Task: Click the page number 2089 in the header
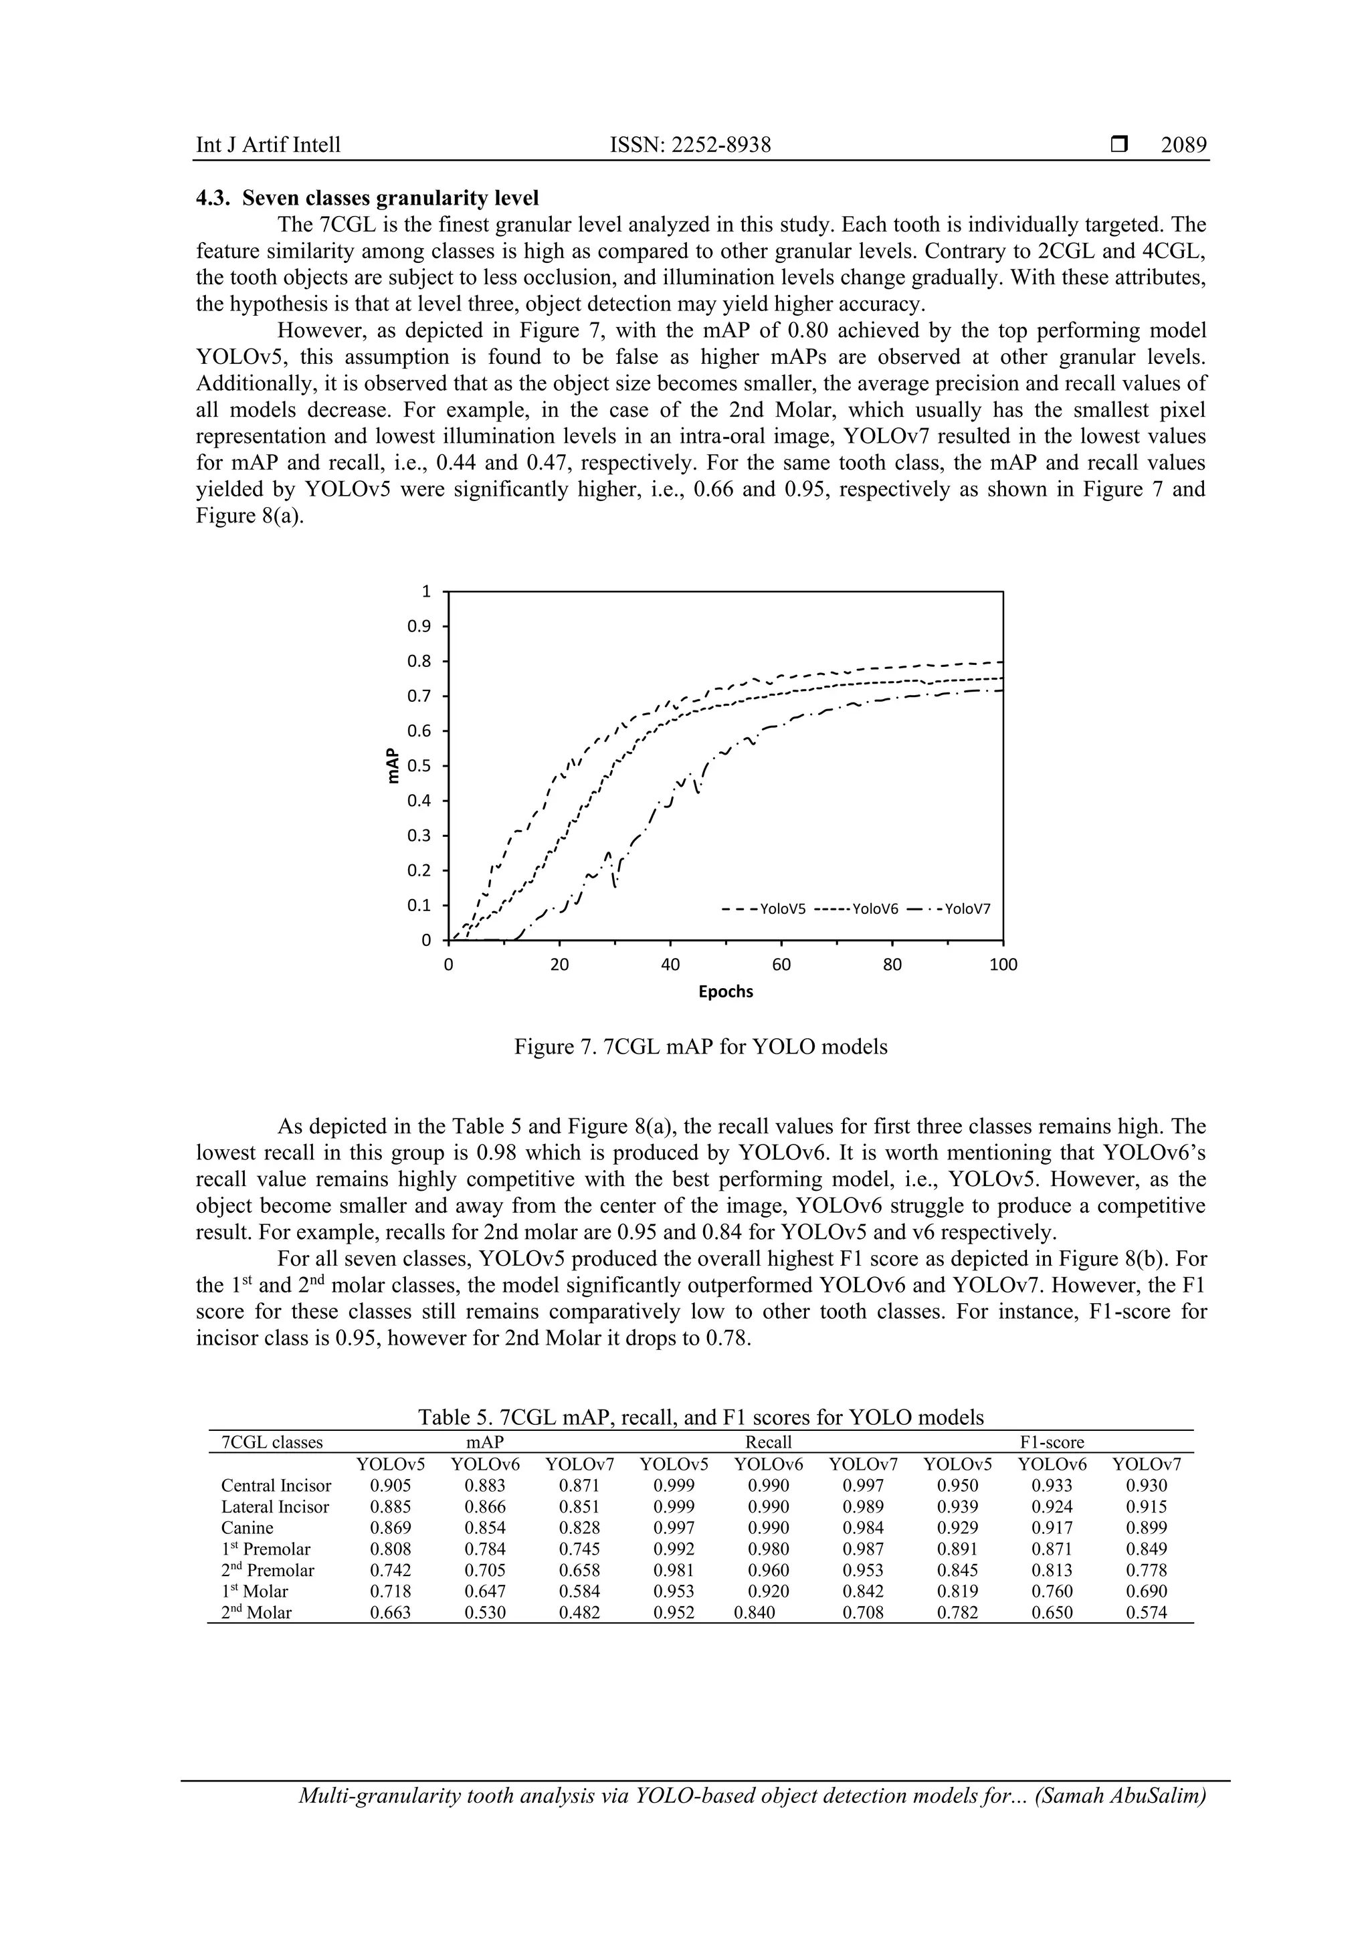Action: pos(1183,145)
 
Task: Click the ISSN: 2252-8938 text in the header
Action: pos(690,145)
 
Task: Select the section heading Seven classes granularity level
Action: pos(390,199)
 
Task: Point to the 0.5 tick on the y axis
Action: pos(419,765)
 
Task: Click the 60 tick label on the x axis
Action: pos(781,964)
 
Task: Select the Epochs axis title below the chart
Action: pos(725,992)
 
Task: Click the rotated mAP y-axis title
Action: pos(392,765)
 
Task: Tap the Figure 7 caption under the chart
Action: pos(700,1048)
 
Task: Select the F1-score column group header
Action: pos(1052,1442)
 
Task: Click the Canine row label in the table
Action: pos(248,1528)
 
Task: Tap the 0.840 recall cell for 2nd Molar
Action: pos(755,1612)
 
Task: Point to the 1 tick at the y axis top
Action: pos(426,591)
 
